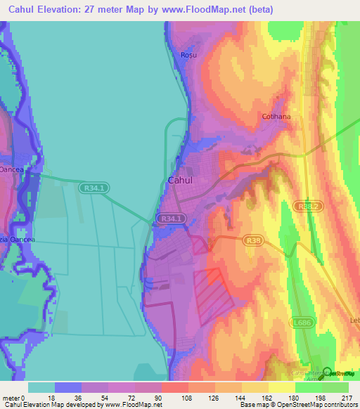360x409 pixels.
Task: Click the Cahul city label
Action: click(x=181, y=181)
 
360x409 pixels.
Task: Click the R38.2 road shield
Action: click(x=309, y=206)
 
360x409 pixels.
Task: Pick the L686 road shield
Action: click(x=302, y=323)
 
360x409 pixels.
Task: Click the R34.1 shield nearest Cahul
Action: click(x=172, y=219)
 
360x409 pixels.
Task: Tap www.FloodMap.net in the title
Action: click(x=212, y=10)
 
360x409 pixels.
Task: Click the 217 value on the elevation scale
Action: click(x=348, y=398)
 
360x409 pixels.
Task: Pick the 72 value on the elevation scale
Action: click(x=134, y=398)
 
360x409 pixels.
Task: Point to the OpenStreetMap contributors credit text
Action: click(x=321, y=405)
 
